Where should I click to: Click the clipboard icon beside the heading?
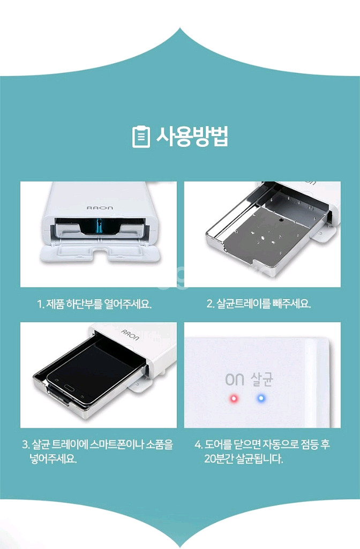(x=140, y=137)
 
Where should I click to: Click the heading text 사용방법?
(x=192, y=137)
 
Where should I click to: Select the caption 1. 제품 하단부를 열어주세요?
(x=94, y=304)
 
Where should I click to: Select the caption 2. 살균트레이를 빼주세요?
(x=259, y=304)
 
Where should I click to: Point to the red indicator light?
(x=234, y=399)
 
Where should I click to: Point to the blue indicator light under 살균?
(x=261, y=399)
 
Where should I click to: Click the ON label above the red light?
(x=234, y=380)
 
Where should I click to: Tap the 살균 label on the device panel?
(x=261, y=380)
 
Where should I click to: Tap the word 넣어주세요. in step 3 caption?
(x=54, y=459)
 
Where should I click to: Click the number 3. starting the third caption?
(x=26, y=445)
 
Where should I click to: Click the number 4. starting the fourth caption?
(x=198, y=445)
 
